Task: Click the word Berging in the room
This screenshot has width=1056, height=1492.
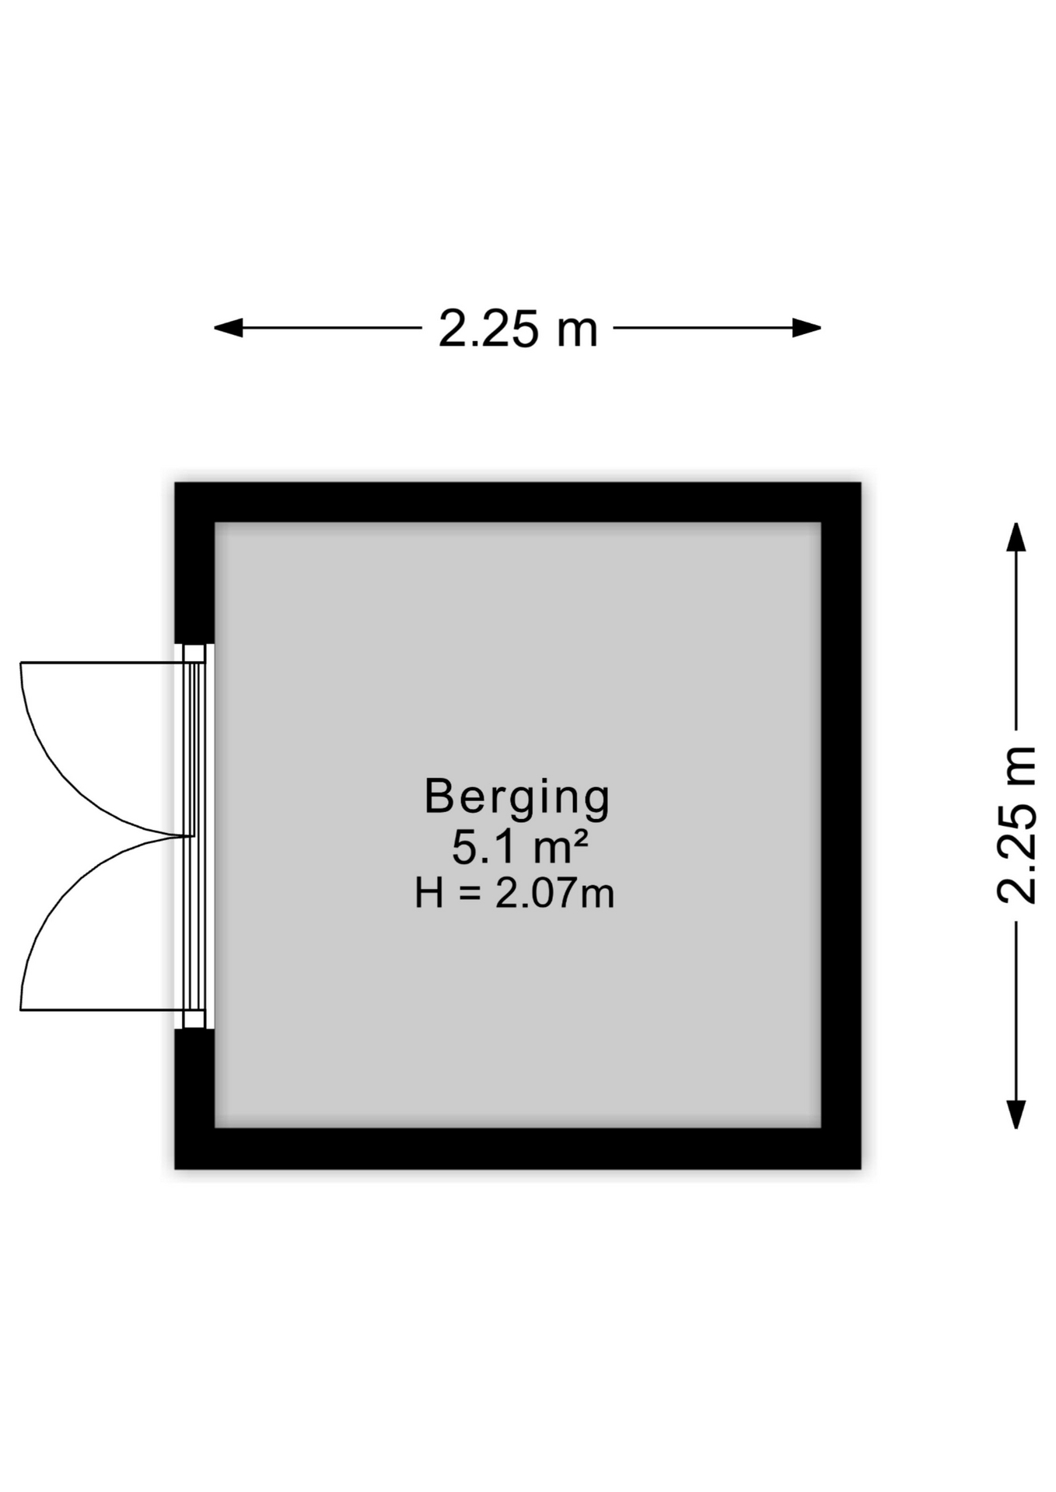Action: tap(517, 799)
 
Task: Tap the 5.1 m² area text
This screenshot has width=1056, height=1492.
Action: tap(519, 846)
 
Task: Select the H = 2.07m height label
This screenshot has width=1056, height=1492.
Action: tap(514, 893)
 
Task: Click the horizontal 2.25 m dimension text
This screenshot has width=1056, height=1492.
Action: tap(518, 329)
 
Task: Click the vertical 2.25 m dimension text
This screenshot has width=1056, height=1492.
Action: tap(1017, 824)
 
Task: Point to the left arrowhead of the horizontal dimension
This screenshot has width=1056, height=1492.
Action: tap(228, 328)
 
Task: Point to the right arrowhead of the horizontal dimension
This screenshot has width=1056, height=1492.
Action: tap(807, 328)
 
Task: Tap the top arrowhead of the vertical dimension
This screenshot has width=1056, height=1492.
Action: tap(1016, 537)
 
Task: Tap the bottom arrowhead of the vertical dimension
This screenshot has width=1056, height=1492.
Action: tap(1016, 1114)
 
